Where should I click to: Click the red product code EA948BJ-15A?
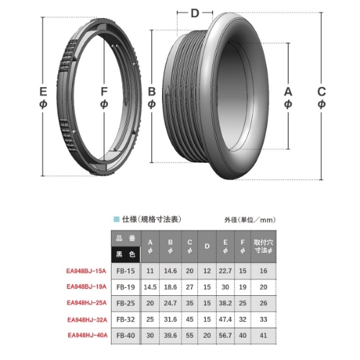(x=86, y=271)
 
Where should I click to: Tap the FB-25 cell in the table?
(x=126, y=303)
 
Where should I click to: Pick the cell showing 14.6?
(x=170, y=271)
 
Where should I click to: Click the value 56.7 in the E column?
(x=225, y=335)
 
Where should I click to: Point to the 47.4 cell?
(x=225, y=319)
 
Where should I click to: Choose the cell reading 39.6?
(x=170, y=335)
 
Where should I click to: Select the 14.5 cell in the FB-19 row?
(x=150, y=287)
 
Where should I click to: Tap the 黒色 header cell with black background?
(x=126, y=254)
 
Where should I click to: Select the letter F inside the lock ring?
(x=105, y=92)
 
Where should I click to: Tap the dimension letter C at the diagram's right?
(x=321, y=92)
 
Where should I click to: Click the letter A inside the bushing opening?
(x=288, y=92)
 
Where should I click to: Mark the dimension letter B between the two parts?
(x=152, y=92)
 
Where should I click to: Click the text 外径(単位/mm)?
(x=250, y=218)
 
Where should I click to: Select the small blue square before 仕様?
(x=115, y=218)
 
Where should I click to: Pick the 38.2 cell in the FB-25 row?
(x=225, y=303)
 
